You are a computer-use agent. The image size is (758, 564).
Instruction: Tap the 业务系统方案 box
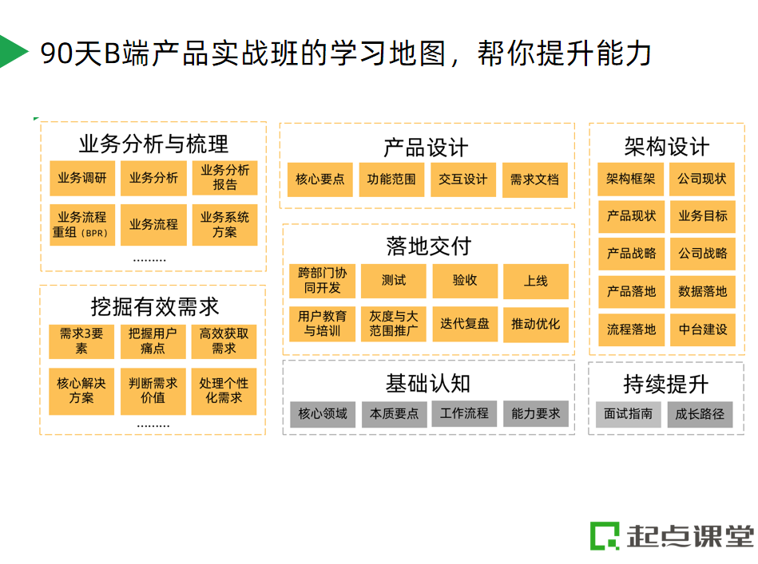coord(224,225)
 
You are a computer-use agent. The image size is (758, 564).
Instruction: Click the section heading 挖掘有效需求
coord(154,307)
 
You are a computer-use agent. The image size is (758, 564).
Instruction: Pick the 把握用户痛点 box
coord(153,341)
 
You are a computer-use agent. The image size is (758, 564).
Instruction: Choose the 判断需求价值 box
coord(153,391)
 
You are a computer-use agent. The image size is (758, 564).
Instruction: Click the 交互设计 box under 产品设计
coord(462,179)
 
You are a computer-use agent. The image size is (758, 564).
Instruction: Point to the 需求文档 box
coord(534,179)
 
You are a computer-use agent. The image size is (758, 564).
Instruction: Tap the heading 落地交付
coord(428,247)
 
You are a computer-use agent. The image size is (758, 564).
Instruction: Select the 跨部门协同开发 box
coord(322,280)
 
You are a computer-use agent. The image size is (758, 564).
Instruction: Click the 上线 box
coord(536,281)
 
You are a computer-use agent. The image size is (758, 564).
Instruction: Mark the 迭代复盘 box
coord(464,324)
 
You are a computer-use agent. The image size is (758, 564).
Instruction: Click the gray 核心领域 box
coord(323,414)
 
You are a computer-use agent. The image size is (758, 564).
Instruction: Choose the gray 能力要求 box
coord(536,414)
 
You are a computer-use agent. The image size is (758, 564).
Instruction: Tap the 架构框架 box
coord(630,179)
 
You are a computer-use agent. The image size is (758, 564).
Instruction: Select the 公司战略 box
coord(702,254)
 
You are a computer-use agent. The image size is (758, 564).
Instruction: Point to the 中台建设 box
coord(702,329)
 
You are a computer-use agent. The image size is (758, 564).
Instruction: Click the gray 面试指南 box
coord(628,414)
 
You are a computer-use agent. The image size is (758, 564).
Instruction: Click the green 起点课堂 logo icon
coord(605,536)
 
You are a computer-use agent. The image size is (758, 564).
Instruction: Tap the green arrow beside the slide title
coord(12,52)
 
